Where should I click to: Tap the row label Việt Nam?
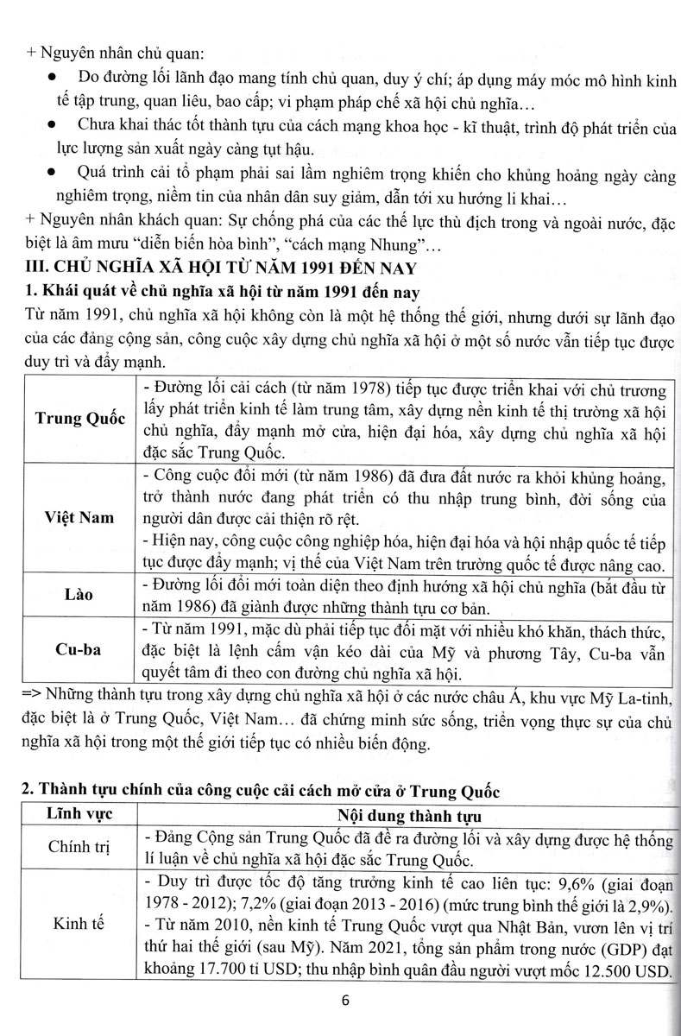[x=80, y=517]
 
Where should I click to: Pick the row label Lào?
[x=80, y=596]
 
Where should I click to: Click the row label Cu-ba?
[x=80, y=649]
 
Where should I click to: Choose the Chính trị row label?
[x=79, y=846]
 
